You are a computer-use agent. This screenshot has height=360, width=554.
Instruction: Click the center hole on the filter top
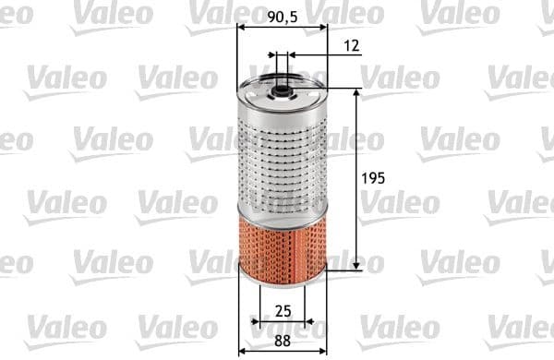(x=279, y=90)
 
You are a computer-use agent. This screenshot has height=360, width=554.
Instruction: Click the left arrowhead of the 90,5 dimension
(x=242, y=27)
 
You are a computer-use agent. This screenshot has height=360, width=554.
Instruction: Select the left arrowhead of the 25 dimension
(x=257, y=323)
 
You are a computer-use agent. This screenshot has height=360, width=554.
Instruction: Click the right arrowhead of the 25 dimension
(x=309, y=323)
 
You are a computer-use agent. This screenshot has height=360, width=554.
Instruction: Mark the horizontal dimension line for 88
(x=282, y=351)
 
